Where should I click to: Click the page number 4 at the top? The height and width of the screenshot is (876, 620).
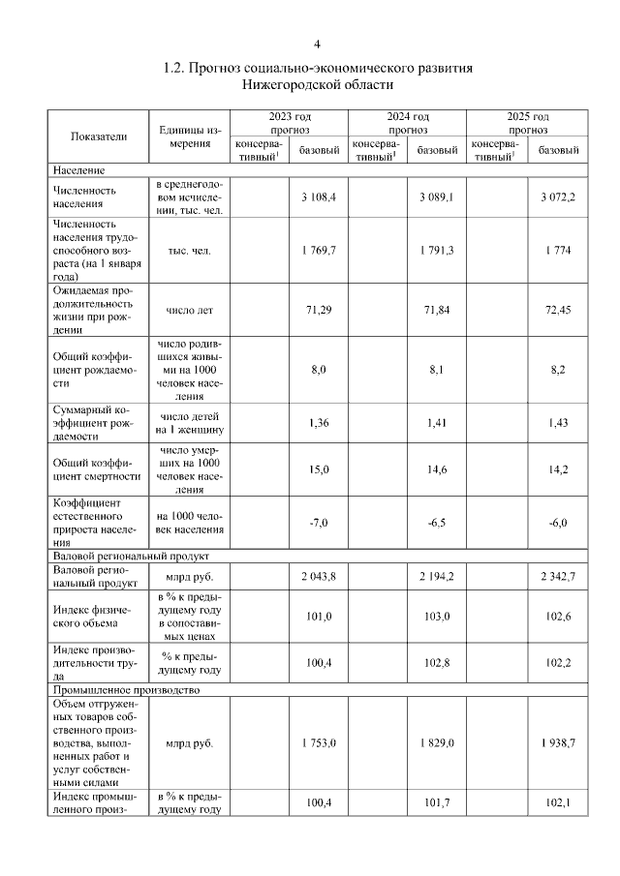pyautogui.click(x=317, y=45)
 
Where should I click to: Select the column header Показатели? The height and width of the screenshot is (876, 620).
pyautogui.click(x=99, y=136)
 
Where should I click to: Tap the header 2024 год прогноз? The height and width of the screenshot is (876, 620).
pyautogui.click(x=408, y=122)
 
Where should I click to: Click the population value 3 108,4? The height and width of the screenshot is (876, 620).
pyautogui.click(x=318, y=196)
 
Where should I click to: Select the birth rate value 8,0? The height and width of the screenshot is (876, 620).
pyautogui.click(x=319, y=369)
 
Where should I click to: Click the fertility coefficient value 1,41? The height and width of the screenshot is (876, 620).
pyautogui.click(x=438, y=422)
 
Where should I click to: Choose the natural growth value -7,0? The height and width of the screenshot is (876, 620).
pyautogui.click(x=319, y=523)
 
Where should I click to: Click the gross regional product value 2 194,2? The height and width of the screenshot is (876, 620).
pyautogui.click(x=438, y=576)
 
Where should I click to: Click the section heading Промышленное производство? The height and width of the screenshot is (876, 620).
pyautogui.click(x=126, y=690)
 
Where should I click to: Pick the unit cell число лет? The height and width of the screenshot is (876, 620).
pyautogui.click(x=189, y=311)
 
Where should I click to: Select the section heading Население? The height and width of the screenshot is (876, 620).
pyautogui.click(x=79, y=169)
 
